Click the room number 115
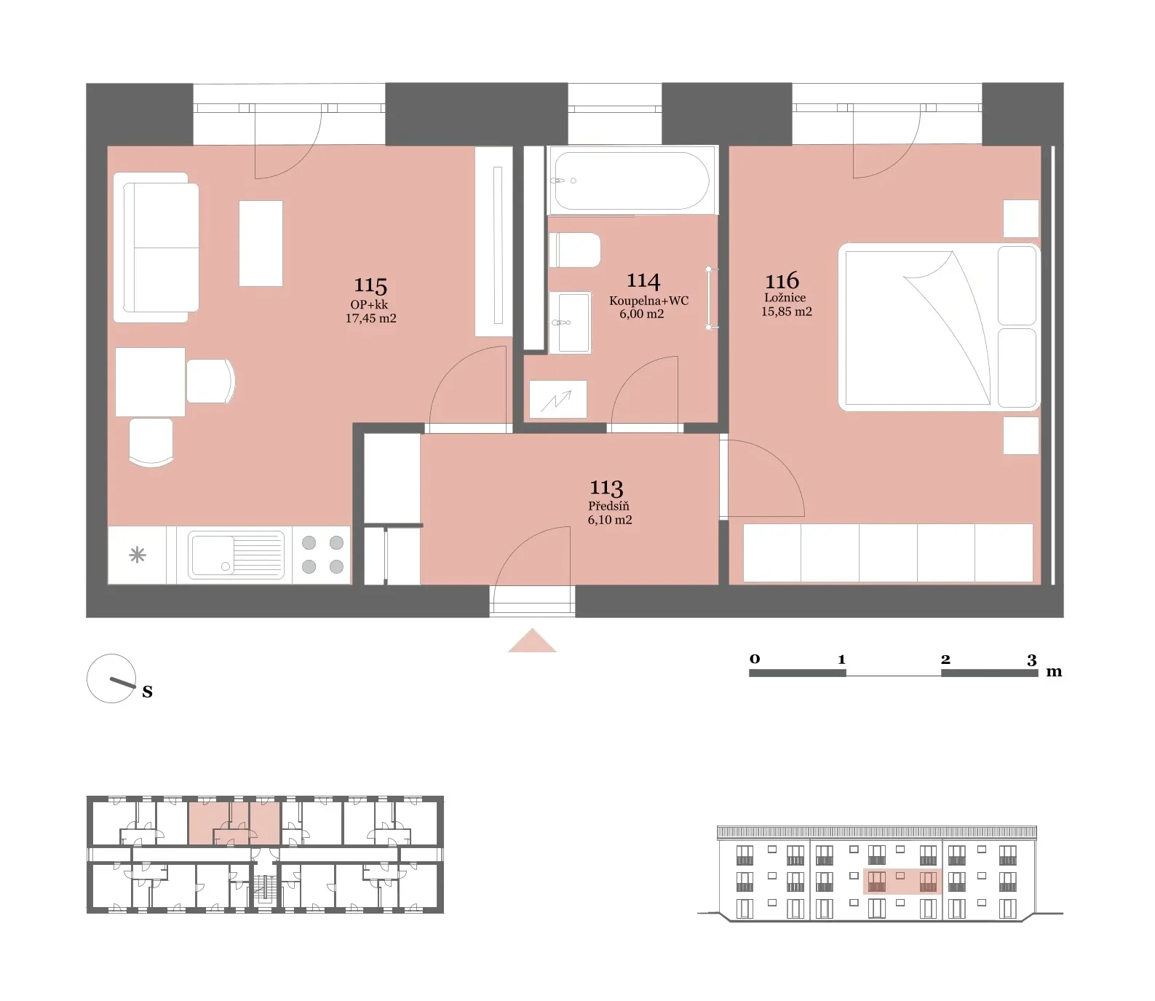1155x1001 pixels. pos(370,285)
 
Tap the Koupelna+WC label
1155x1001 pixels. pos(648,301)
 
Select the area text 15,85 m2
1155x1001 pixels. pos(787,312)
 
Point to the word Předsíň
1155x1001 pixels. pos(609,506)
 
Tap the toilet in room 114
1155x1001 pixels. pos(574,250)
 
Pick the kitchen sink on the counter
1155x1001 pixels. pos(236,555)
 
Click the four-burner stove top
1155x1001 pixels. pos(322,555)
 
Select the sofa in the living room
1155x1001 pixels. pos(156,248)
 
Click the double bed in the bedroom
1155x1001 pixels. pos(939,327)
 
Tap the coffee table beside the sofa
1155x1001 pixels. pos(261,243)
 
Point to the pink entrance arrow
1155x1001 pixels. pos(532,640)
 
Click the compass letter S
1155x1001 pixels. pos(148,692)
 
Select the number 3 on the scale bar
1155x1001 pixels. pos(1032,660)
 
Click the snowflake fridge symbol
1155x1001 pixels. pos(137,555)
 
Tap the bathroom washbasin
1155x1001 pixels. pos(570,323)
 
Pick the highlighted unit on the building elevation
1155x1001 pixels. pos(902,881)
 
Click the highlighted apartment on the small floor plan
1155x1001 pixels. pos(234,823)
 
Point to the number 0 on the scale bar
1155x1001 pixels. pos(755,659)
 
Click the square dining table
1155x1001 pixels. pos(150,381)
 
